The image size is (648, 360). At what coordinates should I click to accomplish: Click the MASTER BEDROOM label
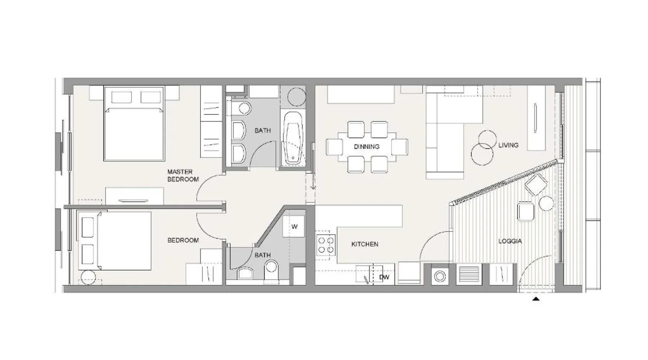(183, 175)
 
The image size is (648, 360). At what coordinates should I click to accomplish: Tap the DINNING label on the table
(366, 147)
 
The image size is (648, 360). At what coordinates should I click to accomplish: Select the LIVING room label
(508, 145)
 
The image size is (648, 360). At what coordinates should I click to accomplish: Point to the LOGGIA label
(510, 241)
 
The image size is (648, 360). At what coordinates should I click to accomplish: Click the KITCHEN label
(365, 244)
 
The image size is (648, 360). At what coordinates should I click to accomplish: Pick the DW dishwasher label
(384, 277)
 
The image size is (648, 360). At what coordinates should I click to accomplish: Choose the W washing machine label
(294, 226)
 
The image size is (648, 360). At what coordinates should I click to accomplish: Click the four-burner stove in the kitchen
(326, 245)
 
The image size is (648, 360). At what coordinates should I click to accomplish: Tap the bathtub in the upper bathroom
(292, 138)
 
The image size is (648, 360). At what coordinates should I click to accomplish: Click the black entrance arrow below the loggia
(536, 299)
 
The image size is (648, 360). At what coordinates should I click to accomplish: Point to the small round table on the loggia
(546, 203)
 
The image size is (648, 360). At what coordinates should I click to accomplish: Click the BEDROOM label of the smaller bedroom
(183, 240)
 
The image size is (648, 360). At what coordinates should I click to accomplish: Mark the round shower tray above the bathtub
(297, 96)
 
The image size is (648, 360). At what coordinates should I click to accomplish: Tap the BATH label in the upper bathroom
(262, 130)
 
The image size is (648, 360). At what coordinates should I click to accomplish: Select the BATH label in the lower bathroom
(262, 255)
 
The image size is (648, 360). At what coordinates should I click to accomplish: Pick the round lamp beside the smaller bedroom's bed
(88, 278)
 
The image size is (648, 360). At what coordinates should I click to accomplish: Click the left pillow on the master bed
(121, 97)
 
